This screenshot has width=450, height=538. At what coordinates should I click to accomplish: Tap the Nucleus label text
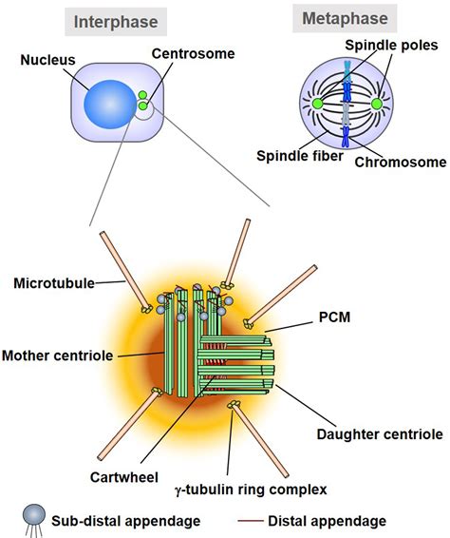(47, 60)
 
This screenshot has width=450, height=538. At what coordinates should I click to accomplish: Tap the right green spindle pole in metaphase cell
(376, 104)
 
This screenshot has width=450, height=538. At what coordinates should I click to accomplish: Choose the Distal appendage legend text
(338, 520)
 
